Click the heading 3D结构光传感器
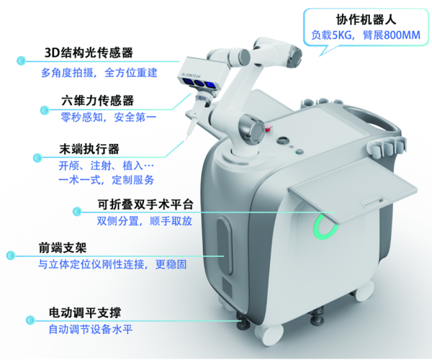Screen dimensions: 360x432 pyautogui.click(x=89, y=53)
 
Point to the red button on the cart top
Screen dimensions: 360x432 pyautogui.click(x=269, y=130)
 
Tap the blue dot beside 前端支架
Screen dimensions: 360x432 pyautogui.click(x=11, y=254)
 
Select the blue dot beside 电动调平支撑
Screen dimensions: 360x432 pyautogui.click(x=27, y=318)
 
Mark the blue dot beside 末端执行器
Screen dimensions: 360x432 pyautogui.click(x=35, y=156)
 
